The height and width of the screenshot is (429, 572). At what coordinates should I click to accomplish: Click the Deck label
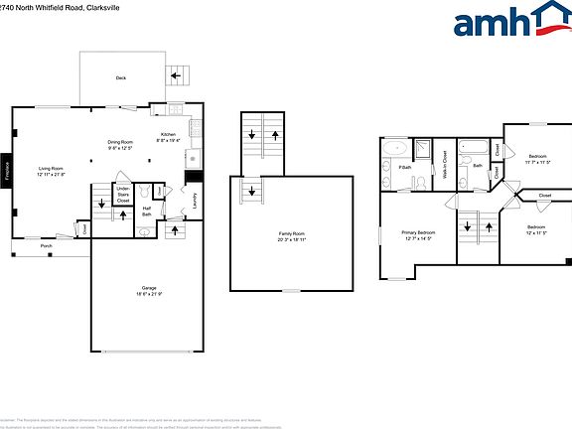point(120,76)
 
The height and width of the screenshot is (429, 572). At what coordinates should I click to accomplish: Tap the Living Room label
point(52,171)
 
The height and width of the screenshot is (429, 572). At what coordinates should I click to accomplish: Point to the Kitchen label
point(168,137)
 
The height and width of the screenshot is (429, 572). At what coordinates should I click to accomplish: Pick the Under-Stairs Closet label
point(123,195)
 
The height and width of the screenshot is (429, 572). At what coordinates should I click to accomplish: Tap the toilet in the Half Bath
point(144,232)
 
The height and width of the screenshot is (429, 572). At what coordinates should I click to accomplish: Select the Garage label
point(148,290)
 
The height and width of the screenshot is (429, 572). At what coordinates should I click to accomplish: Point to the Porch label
point(46,245)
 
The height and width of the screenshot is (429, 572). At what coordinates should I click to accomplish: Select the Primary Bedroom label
point(418,235)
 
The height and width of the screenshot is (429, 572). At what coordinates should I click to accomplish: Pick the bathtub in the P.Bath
point(394,150)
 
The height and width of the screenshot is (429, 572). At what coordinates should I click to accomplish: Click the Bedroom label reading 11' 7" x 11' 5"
point(537,159)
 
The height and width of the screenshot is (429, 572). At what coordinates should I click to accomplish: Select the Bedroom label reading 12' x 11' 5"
point(536,229)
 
